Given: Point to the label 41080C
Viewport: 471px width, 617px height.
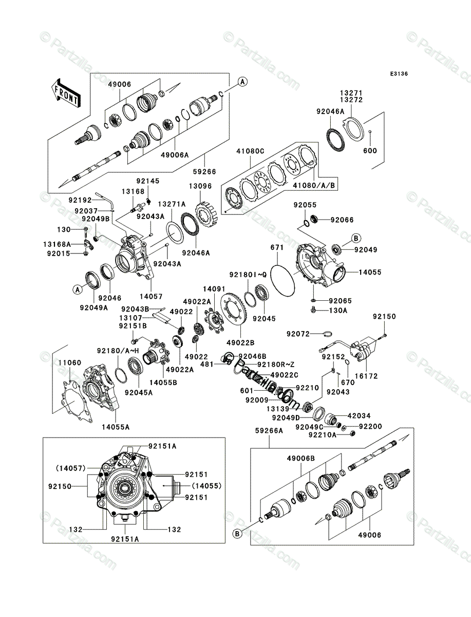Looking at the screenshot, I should click(250, 152).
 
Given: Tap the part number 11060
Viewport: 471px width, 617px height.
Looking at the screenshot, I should click(69, 362).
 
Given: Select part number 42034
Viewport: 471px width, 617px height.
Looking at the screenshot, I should click(359, 415).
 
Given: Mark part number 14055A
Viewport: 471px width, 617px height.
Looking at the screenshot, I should click(115, 426).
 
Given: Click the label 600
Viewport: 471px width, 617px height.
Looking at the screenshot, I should click(370, 151).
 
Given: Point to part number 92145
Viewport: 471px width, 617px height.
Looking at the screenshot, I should click(147, 180).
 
